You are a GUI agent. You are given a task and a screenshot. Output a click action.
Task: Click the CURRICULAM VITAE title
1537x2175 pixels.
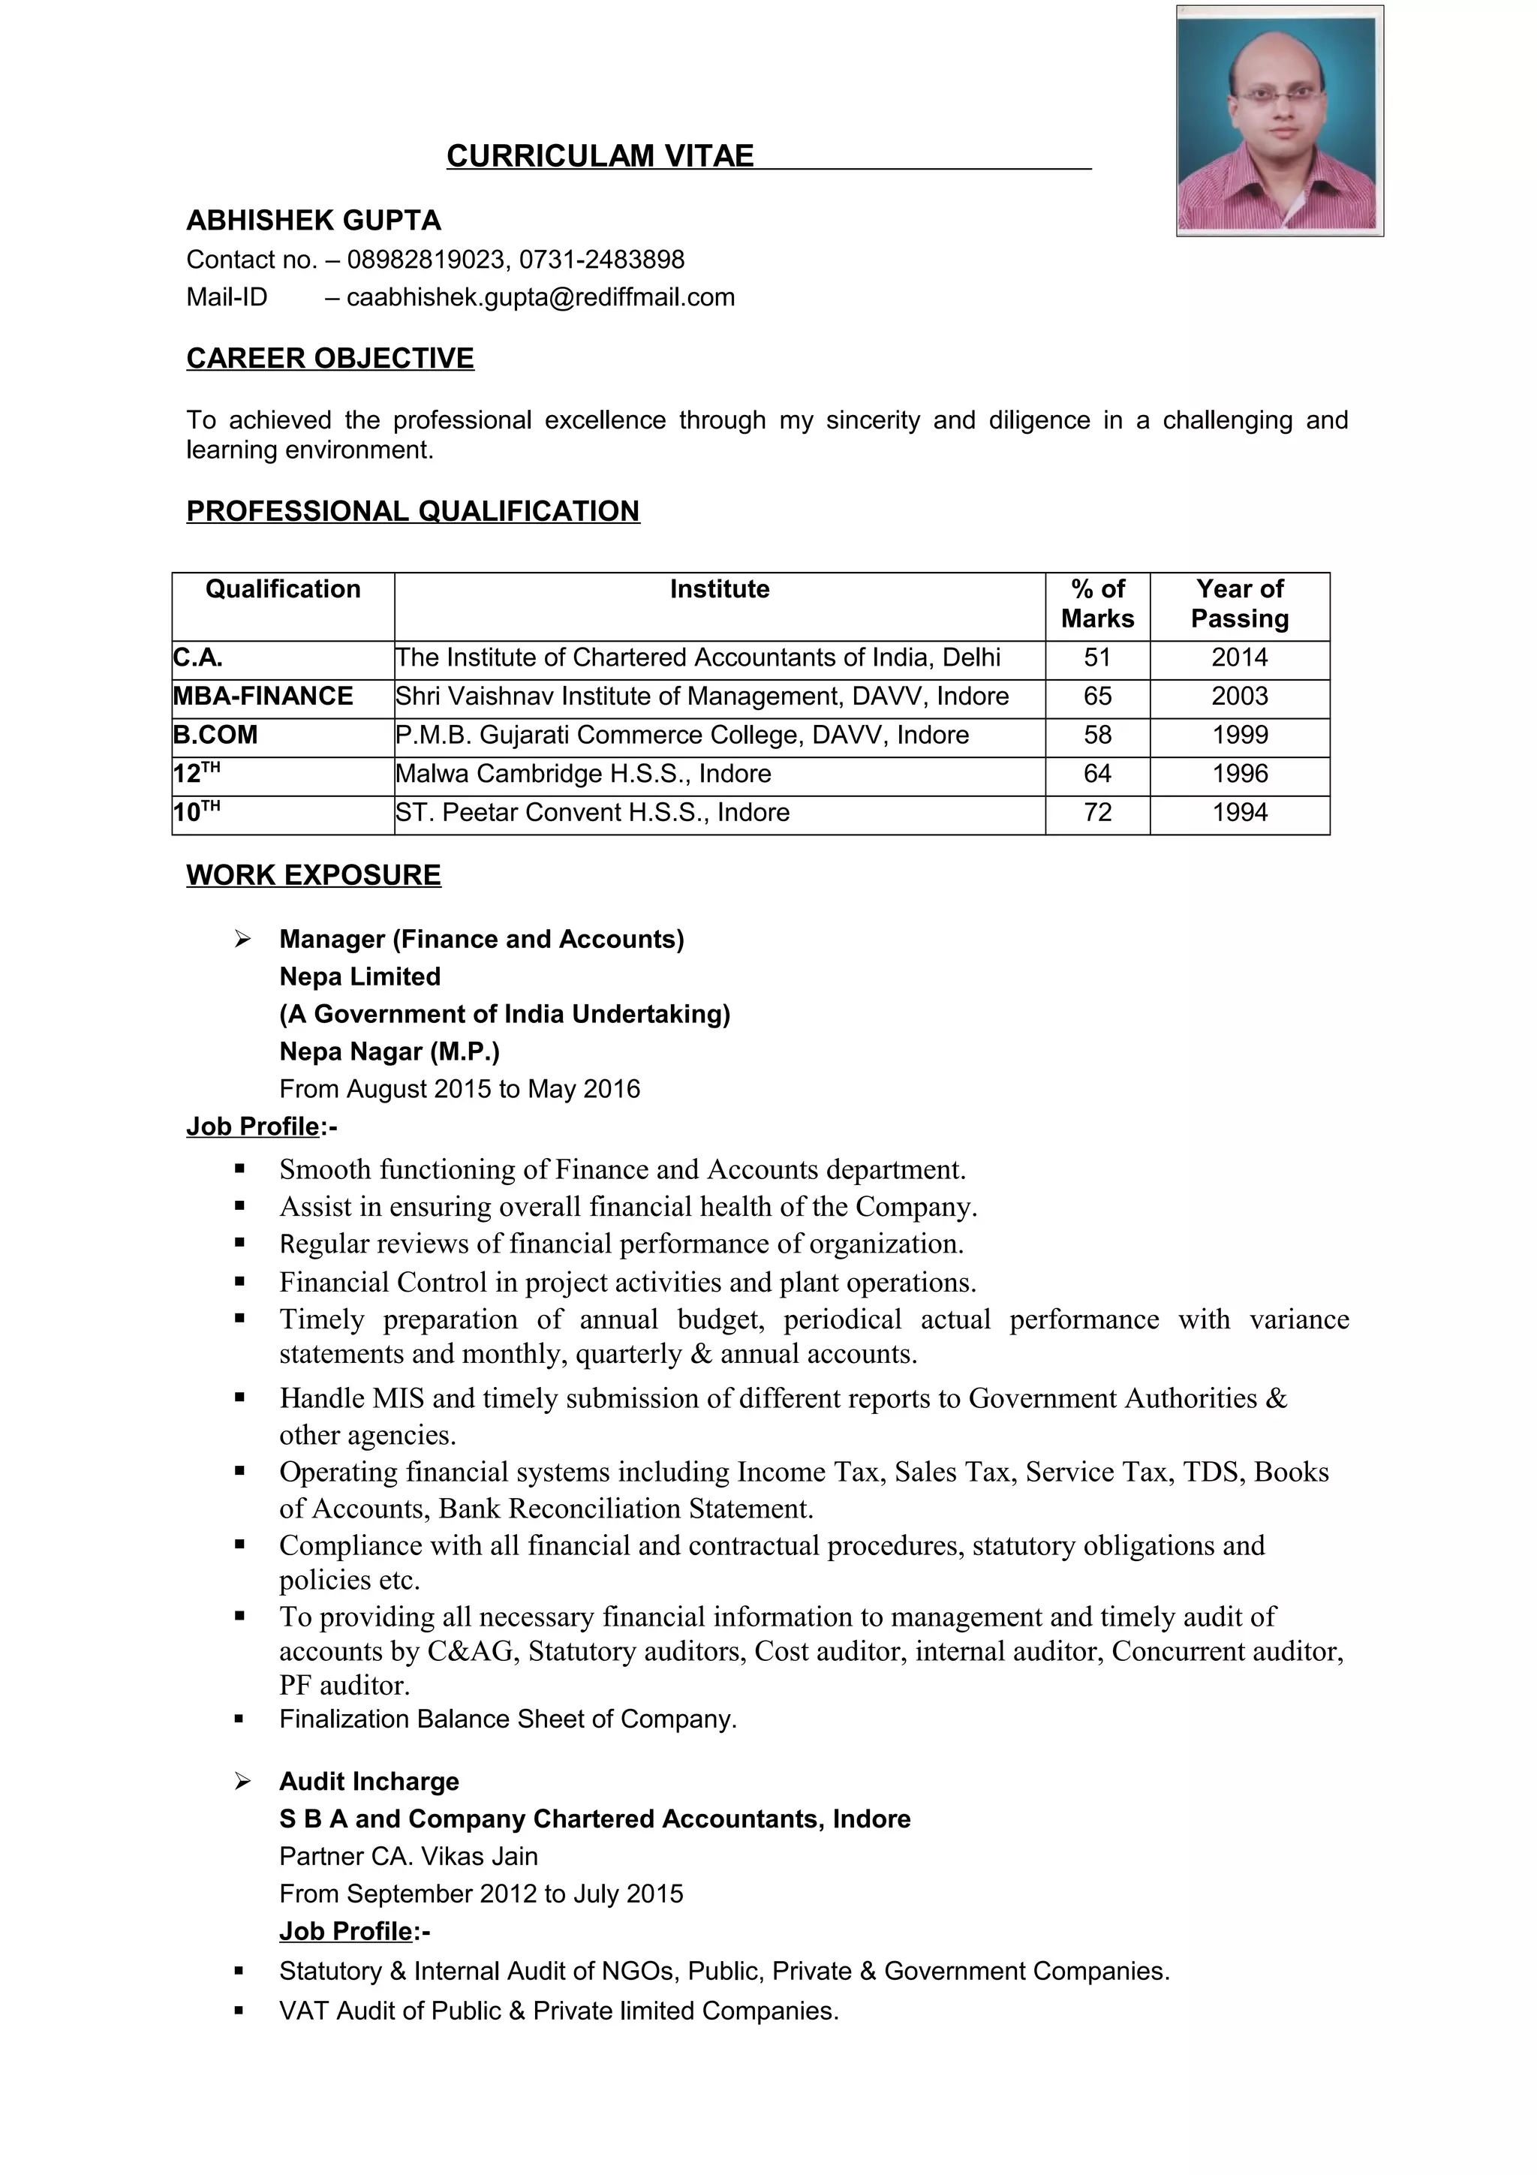[600, 155]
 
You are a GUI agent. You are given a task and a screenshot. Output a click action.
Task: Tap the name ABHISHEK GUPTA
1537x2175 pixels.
[314, 221]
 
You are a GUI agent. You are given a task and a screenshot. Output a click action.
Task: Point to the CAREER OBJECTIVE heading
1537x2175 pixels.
[329, 358]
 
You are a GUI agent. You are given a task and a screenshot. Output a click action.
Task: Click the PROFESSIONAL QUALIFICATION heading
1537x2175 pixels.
[413, 512]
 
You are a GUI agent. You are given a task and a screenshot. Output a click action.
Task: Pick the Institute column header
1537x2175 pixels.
[719, 589]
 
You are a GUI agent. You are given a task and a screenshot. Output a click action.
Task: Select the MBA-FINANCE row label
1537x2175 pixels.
[263, 696]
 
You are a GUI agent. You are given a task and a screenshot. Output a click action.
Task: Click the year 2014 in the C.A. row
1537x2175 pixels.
[1239, 657]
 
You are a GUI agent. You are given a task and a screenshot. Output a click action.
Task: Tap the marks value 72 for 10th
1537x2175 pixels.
[1096, 812]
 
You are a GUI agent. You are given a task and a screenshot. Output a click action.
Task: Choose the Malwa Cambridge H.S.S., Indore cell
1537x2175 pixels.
[582, 774]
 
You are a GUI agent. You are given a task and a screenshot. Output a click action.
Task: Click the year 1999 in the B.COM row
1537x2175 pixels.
[1239, 735]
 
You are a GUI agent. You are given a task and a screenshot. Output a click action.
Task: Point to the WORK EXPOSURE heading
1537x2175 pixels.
[314, 874]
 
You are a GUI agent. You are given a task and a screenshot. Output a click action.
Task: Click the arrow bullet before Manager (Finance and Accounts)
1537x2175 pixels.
[242, 939]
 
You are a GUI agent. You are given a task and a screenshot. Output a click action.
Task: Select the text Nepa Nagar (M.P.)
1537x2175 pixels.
[390, 1051]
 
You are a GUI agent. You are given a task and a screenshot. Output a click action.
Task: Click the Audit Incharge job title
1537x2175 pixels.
[368, 1781]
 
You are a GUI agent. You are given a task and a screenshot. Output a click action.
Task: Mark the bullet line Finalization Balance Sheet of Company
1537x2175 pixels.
[507, 1719]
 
